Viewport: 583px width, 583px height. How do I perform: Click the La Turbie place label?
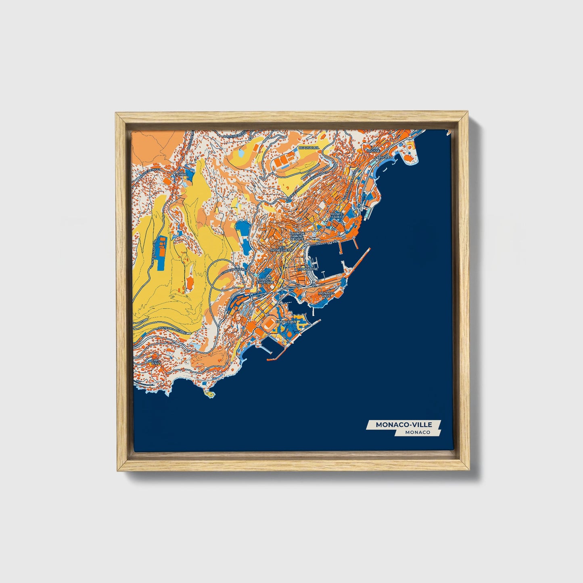(181, 174)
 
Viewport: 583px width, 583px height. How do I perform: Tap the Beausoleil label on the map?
(309, 148)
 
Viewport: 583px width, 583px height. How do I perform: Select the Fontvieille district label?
(286, 322)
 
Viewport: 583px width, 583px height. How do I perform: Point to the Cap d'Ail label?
(155, 362)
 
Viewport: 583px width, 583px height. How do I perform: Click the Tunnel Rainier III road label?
(233, 269)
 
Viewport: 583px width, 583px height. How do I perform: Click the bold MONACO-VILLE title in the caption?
(403, 424)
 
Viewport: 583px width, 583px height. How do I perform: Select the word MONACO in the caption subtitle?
(418, 432)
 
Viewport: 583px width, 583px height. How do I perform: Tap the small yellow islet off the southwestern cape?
(209, 393)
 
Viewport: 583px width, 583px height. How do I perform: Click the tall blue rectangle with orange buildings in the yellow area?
(162, 253)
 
